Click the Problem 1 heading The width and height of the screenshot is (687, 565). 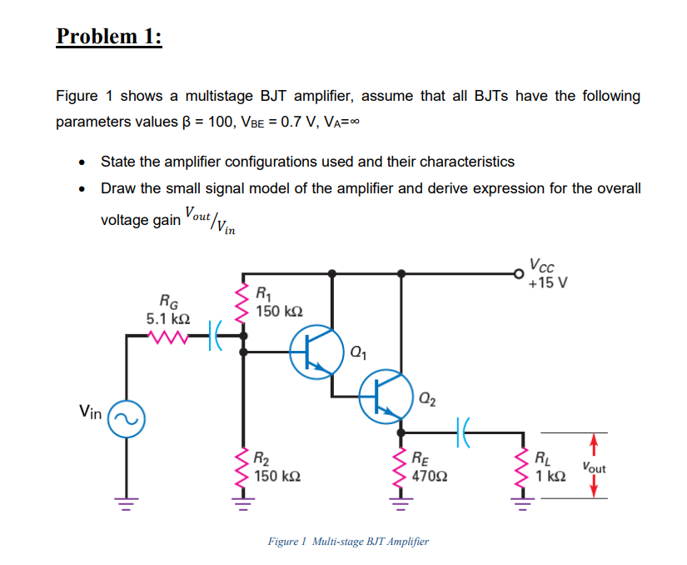click(x=109, y=37)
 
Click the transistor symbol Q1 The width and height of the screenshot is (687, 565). click(x=316, y=351)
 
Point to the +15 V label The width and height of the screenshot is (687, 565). click(x=549, y=282)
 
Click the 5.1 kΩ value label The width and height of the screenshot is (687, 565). click(x=167, y=318)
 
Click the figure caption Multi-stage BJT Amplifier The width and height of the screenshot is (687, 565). click(x=348, y=542)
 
